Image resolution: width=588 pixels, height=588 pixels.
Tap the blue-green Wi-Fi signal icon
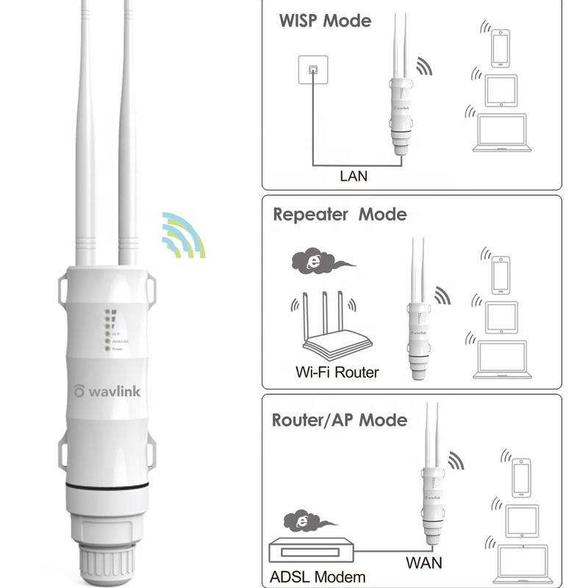pos(183,236)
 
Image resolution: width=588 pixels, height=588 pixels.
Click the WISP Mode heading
pos(325,21)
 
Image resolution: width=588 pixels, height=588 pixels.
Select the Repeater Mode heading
pos(339,215)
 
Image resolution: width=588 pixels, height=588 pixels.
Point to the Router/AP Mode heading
pos(339,420)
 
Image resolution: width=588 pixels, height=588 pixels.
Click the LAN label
pos(353,176)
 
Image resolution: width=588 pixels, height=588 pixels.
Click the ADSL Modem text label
pos(318,577)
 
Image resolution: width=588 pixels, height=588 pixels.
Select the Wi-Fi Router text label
pos(337,372)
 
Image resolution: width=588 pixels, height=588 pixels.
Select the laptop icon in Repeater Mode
pos(502,359)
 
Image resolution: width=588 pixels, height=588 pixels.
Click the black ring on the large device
pos(107,487)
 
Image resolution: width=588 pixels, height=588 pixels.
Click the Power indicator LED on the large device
pos(107,351)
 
